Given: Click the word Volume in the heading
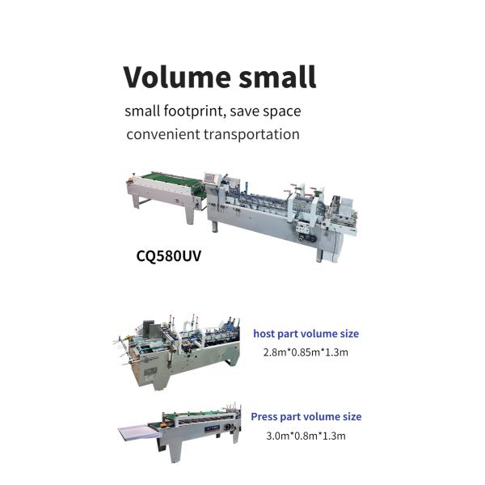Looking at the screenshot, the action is tap(177, 77).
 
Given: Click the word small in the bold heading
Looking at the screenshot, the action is tap(277, 77).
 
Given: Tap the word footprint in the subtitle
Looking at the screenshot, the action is tap(193, 111).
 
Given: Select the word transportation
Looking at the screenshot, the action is tap(251, 134).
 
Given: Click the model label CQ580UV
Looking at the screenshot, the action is tap(169, 255).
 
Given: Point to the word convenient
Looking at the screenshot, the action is tap(163, 134).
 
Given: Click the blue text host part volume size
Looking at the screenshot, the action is tap(306, 333).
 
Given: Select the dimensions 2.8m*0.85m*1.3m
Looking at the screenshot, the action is tap(306, 352).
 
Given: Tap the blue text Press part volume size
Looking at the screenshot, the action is tap(306, 416).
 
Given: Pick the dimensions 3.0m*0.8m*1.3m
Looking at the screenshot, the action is tap(306, 436).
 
